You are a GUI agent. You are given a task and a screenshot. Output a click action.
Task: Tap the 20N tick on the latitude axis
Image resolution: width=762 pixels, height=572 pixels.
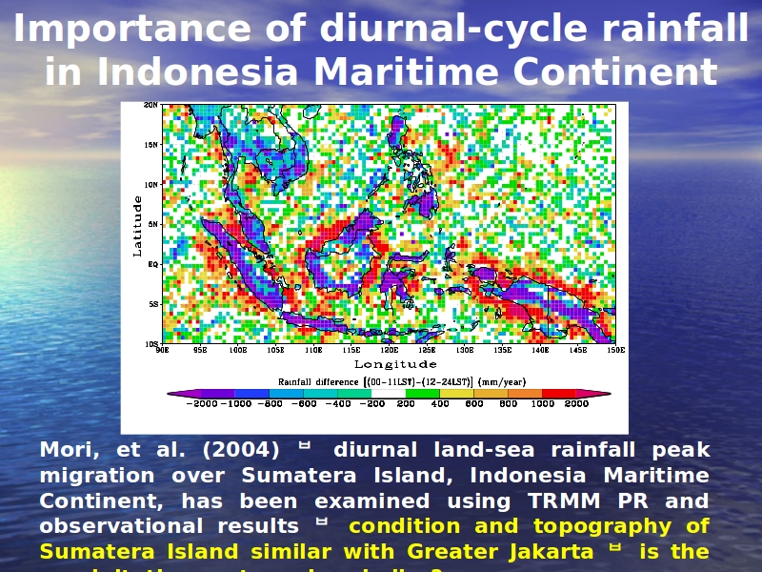coord(150,105)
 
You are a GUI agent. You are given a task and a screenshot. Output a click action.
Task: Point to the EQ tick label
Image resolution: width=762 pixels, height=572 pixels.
coord(152,264)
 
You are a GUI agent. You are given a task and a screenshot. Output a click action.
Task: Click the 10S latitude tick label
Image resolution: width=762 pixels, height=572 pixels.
coord(150,343)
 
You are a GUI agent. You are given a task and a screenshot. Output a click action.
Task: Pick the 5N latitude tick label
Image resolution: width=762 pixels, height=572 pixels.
coord(152,224)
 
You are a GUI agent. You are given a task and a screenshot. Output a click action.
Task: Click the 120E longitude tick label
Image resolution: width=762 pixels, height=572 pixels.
coord(390,350)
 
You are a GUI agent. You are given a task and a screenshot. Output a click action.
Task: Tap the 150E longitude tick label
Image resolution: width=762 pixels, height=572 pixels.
coord(616,350)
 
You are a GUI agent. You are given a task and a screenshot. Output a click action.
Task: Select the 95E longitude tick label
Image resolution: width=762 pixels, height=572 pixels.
coord(200,350)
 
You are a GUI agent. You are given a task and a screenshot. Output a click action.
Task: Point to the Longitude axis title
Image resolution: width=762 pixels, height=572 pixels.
coord(395,364)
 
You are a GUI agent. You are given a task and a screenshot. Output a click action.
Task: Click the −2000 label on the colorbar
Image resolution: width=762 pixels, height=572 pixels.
coord(201,404)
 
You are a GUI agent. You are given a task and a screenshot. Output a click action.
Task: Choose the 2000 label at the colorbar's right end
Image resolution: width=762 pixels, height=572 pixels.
coord(575,404)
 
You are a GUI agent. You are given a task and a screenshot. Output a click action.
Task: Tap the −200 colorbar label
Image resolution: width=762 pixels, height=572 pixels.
coord(371,404)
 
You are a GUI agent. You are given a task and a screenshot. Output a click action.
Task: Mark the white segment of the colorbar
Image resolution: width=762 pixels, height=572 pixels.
coord(389,393)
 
